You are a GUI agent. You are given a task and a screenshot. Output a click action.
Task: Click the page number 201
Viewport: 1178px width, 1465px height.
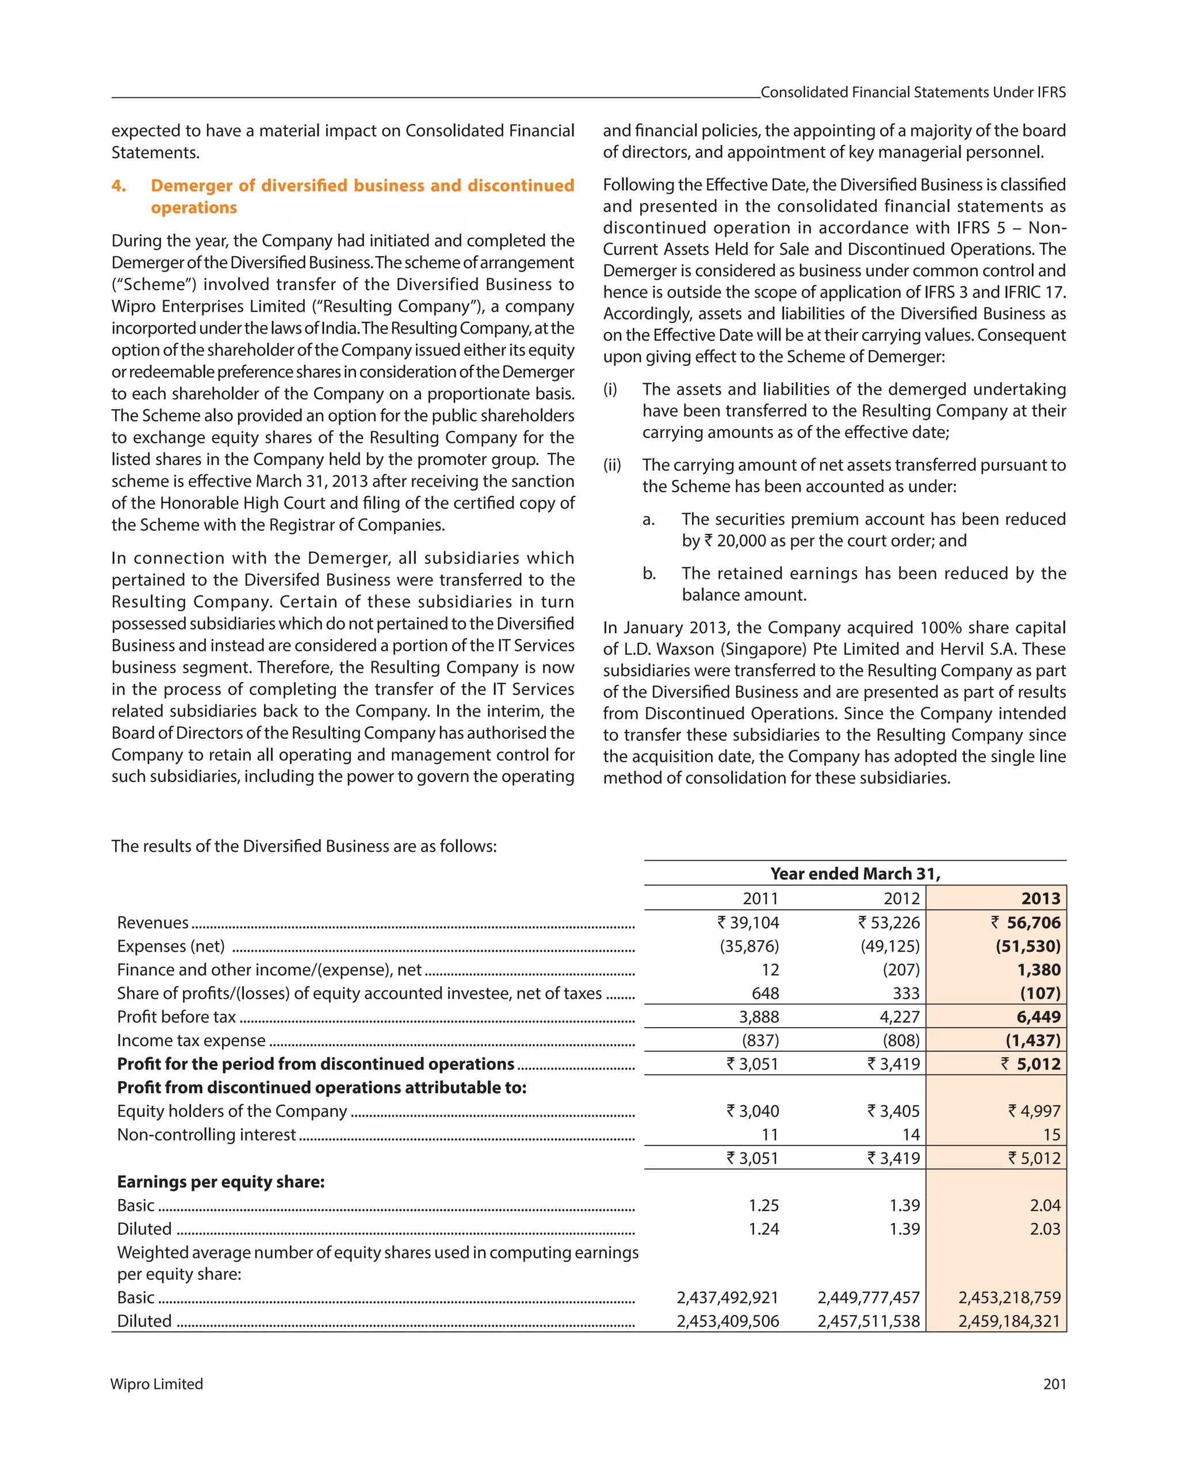(1054, 1384)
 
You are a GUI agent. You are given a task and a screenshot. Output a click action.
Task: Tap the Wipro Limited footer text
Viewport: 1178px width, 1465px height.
(157, 1384)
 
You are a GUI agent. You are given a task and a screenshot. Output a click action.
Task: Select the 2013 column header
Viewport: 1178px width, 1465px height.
(1040, 898)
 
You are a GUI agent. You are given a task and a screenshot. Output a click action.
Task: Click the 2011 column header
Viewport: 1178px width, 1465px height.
(760, 898)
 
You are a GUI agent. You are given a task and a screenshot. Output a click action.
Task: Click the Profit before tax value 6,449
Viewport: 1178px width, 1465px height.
(1038, 1017)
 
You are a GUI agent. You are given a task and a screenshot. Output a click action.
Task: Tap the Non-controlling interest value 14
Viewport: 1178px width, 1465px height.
(911, 1135)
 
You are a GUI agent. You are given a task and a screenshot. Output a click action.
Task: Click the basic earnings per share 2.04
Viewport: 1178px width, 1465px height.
(1045, 1205)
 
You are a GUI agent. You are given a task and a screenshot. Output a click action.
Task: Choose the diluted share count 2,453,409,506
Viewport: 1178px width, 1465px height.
(728, 1321)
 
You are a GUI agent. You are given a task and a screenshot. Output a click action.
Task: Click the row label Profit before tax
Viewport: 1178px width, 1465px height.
(177, 1017)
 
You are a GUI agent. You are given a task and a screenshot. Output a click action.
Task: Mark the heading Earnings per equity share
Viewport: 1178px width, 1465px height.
(221, 1182)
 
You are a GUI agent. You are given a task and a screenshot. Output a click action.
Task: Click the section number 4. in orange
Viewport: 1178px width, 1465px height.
(119, 185)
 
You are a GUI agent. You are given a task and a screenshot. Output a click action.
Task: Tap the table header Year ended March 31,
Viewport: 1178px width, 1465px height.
(855, 874)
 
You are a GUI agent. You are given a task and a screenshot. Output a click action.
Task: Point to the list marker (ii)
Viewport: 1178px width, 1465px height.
(611, 465)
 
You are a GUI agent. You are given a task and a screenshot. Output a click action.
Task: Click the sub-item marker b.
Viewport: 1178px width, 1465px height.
(649, 574)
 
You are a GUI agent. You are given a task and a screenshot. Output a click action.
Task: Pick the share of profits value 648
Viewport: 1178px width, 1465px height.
(765, 993)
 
